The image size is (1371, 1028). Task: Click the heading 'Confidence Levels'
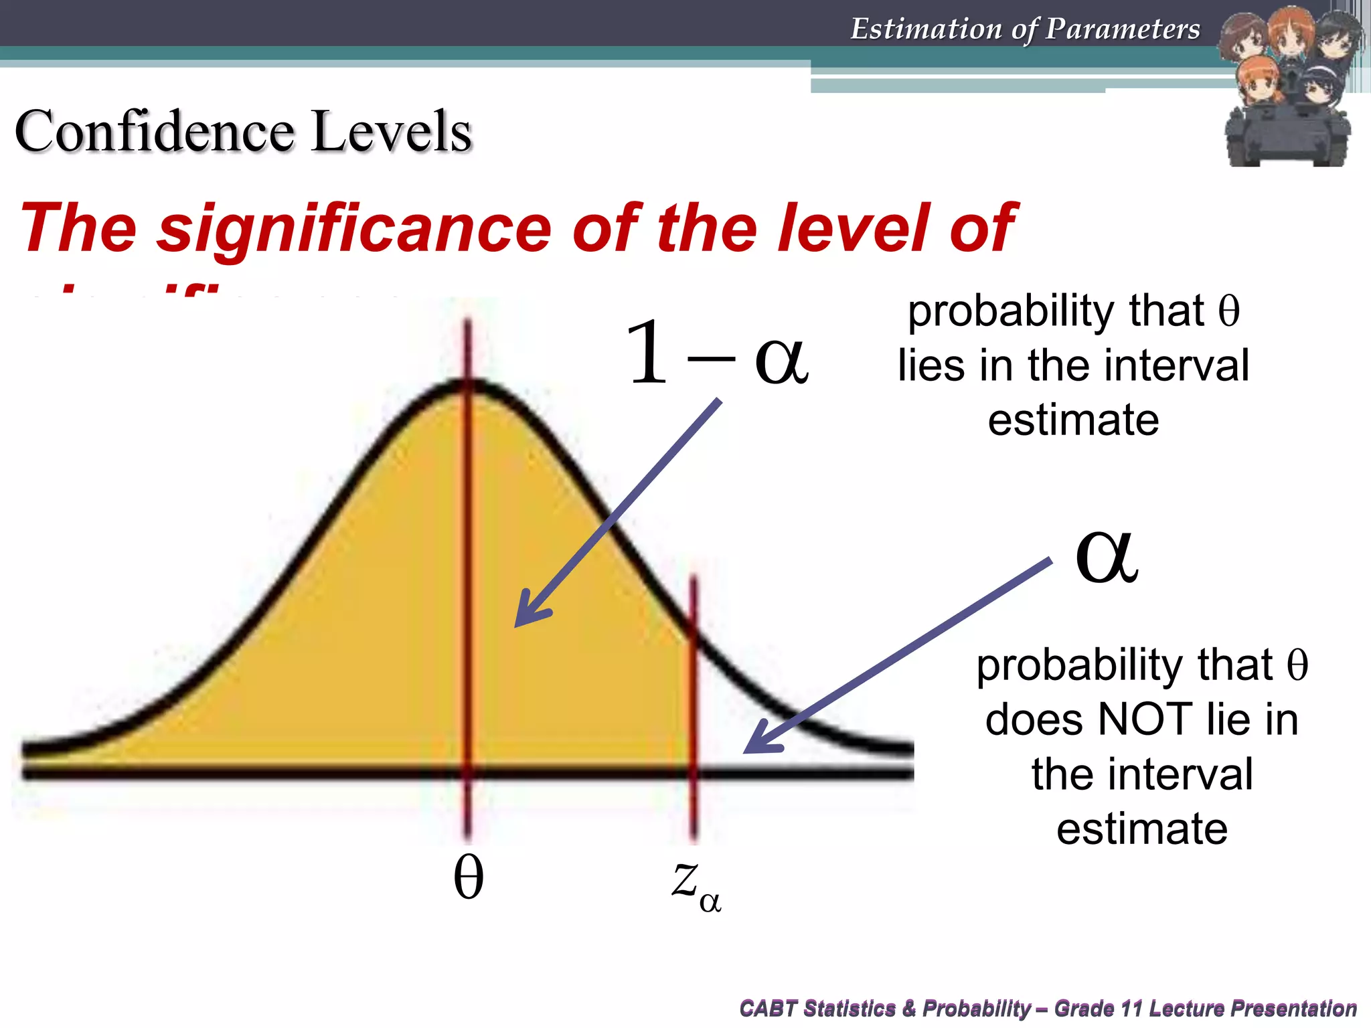243,131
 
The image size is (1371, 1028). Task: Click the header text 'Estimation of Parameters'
1025,29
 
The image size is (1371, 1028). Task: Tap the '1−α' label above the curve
716,353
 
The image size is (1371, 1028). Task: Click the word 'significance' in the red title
355,228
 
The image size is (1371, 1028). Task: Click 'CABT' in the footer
768,1008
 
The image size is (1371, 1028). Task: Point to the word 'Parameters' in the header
1123,29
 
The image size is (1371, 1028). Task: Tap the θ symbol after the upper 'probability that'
1229,311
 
